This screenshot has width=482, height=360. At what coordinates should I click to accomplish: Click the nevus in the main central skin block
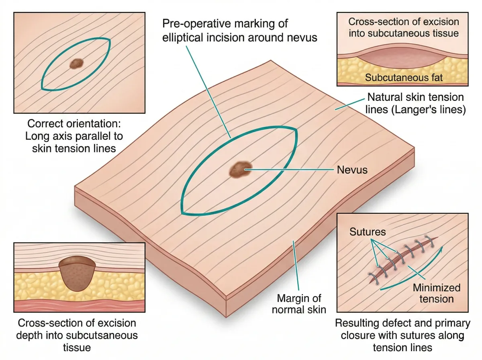click(x=241, y=169)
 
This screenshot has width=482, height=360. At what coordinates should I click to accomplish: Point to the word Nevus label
click(x=352, y=170)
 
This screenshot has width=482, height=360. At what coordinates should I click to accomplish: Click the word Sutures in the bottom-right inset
click(x=368, y=232)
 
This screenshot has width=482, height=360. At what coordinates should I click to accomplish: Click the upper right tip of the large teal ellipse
click(x=296, y=129)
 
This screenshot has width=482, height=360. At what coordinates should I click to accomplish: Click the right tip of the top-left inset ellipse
click(x=109, y=39)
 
